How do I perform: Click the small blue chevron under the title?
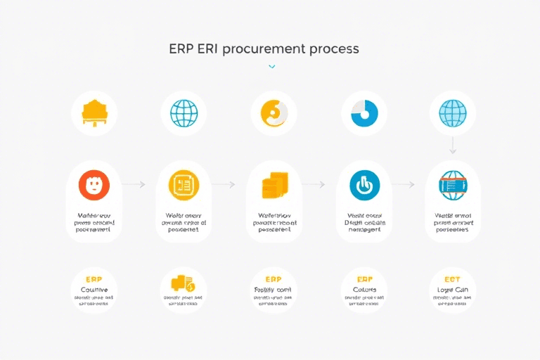(272, 67)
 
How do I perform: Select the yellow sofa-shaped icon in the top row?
(94, 113)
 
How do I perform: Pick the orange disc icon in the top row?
(273, 113)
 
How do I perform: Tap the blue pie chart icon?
(364, 113)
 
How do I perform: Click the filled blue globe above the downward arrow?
(452, 113)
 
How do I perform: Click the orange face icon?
(94, 185)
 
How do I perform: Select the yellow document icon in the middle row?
(184, 185)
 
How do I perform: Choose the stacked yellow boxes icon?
(273, 186)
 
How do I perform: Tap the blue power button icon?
(364, 185)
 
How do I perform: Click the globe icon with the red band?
(452, 185)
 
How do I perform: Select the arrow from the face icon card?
(133, 184)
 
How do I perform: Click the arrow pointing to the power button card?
(313, 184)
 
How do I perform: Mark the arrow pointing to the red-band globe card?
(403, 184)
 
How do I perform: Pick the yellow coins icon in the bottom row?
(183, 283)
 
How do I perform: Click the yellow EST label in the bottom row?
(452, 279)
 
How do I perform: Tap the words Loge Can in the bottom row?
(452, 290)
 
